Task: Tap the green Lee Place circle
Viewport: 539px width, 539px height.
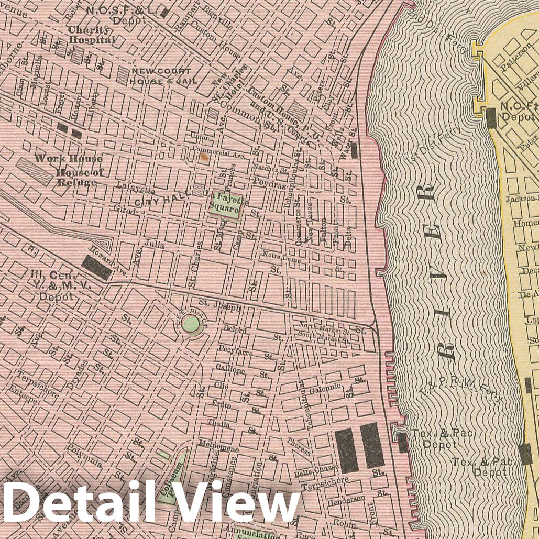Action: [191, 325]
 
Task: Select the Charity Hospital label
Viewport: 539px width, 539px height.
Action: [91, 35]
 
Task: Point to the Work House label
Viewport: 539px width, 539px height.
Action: [69, 158]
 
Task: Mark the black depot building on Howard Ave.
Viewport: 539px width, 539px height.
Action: [96, 268]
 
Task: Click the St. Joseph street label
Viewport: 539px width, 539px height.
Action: [219, 305]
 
